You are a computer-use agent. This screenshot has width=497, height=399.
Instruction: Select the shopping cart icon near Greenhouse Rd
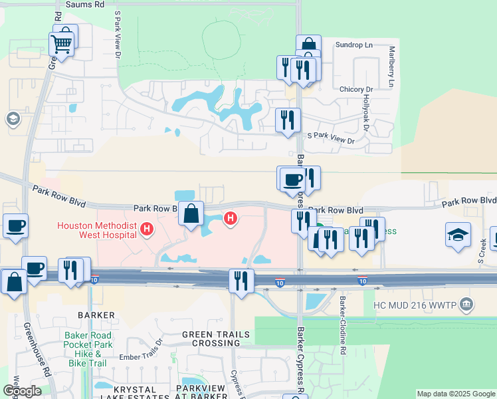click(x=61, y=45)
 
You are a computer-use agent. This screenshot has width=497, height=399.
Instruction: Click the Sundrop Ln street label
click(x=353, y=45)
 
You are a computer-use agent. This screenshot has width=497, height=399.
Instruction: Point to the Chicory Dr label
click(x=355, y=89)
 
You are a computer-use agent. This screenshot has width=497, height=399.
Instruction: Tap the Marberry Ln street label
click(x=392, y=66)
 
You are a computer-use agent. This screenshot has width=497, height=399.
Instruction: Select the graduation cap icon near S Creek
click(x=458, y=235)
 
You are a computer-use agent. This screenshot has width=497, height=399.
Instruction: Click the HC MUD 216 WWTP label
click(x=417, y=305)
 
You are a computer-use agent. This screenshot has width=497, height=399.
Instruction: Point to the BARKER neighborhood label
click(x=96, y=315)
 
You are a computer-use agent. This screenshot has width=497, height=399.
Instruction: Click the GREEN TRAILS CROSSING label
click(x=211, y=338)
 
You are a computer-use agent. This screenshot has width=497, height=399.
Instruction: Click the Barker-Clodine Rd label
click(x=343, y=325)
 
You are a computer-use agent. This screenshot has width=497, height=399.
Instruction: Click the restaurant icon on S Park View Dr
click(x=287, y=120)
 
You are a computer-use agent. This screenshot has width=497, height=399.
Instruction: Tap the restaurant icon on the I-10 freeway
click(x=241, y=280)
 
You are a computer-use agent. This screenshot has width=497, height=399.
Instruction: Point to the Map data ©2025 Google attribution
click(x=456, y=394)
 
